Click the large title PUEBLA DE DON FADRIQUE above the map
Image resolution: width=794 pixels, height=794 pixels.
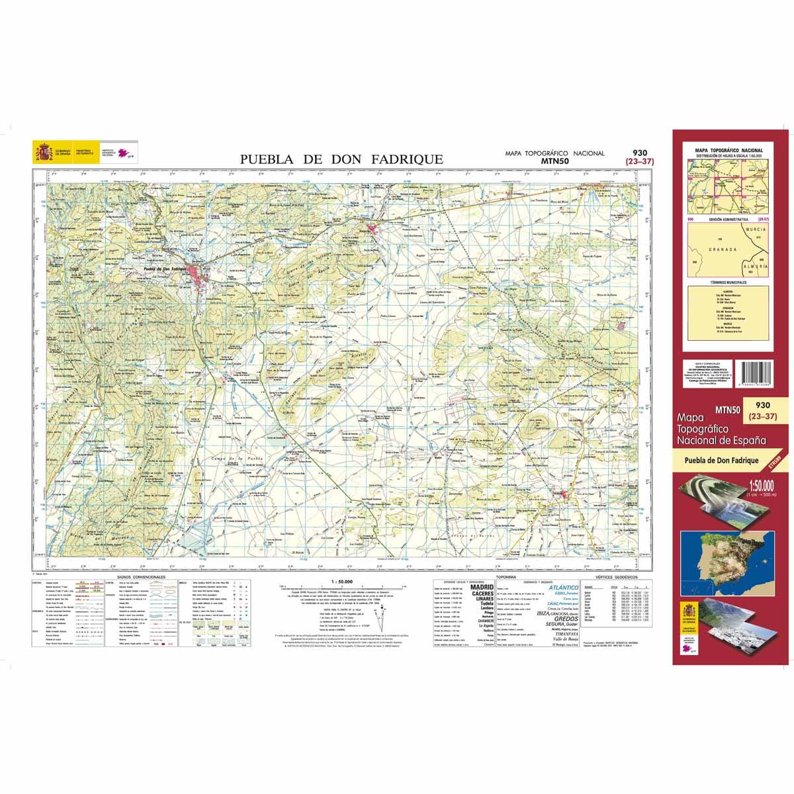pyautogui.click(x=341, y=159)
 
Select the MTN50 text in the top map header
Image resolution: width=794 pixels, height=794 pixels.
pyautogui.click(x=554, y=160)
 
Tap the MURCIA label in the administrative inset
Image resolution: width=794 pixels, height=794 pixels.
pyautogui.click(x=754, y=228)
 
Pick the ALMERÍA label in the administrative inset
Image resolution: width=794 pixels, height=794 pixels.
pyautogui.click(x=756, y=264)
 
